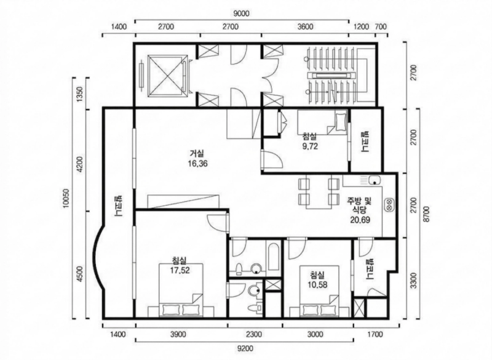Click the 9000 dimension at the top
click(242, 13)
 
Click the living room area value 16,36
click(197, 164)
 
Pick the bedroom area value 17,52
click(180, 270)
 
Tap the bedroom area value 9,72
click(310, 146)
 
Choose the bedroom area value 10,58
click(318, 285)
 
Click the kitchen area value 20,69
click(360, 220)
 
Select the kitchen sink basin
click(375, 180)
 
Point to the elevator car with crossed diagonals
click(166, 75)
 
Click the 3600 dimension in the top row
click(305, 26)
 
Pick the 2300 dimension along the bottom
click(254, 334)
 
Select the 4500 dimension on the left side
click(80, 274)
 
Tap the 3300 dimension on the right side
click(413, 281)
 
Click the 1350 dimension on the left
click(80, 93)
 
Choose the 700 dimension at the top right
click(381, 26)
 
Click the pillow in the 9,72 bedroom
click(340, 122)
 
